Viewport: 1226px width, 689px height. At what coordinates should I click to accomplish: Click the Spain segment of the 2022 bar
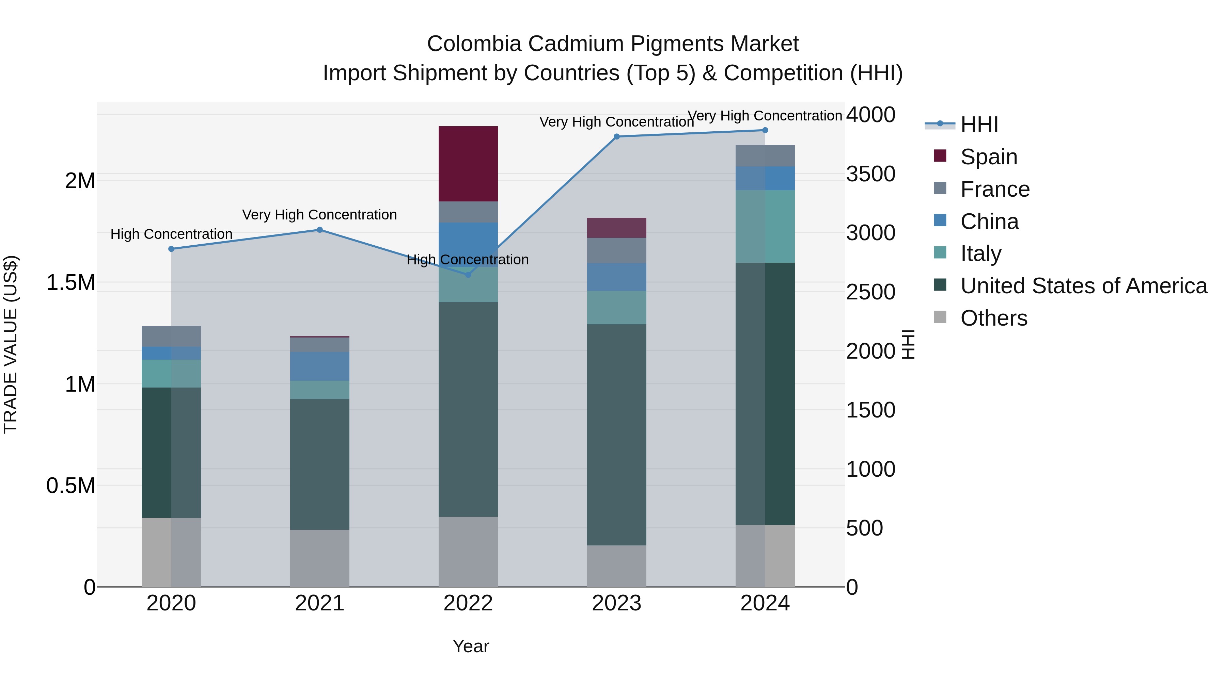tap(468, 164)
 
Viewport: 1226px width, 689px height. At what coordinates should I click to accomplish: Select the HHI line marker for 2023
tap(616, 136)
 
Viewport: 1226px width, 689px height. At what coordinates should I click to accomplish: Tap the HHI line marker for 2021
tap(320, 230)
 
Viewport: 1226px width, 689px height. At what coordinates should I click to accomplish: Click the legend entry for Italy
tap(980, 253)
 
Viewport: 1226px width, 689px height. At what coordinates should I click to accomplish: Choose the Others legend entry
tap(993, 318)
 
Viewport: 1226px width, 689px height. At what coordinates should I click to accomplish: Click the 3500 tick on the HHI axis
tap(870, 174)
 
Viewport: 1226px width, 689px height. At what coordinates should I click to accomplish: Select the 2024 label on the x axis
tap(765, 603)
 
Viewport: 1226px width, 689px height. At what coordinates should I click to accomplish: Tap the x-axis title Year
tap(471, 646)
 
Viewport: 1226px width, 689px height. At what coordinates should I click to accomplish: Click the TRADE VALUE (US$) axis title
tap(11, 344)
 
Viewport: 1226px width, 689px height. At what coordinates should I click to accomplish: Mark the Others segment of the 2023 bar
tap(616, 566)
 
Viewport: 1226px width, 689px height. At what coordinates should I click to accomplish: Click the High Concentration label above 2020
tap(171, 234)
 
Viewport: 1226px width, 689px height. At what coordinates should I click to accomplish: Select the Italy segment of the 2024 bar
tap(765, 226)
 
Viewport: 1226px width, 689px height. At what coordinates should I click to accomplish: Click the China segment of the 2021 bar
tap(320, 366)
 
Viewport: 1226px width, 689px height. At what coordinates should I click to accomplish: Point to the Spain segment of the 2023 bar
tap(616, 228)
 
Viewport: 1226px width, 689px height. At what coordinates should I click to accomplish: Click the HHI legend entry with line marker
tap(961, 125)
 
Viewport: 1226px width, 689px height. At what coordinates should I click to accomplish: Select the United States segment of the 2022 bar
tap(468, 409)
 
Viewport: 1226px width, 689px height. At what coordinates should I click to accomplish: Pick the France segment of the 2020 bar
tap(171, 336)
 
